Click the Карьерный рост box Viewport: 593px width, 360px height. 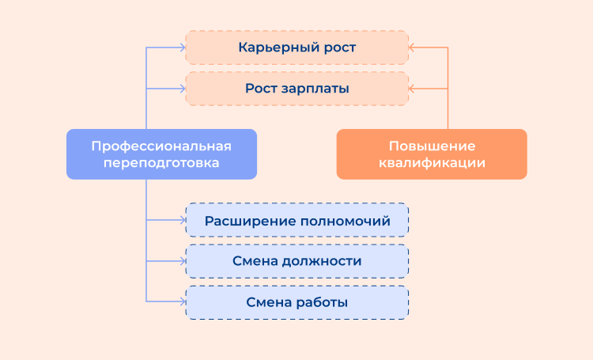pyautogui.click(x=296, y=47)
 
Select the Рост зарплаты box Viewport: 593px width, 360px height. pyautogui.click(x=296, y=89)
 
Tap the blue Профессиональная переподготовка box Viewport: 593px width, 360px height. pyautogui.click(x=161, y=154)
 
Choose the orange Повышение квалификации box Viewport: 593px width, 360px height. pyautogui.click(x=432, y=154)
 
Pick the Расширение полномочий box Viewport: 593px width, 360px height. pyautogui.click(x=296, y=220)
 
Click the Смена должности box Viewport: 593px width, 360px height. pyautogui.click(x=296, y=261)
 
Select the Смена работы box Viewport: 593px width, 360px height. pyautogui.click(x=296, y=302)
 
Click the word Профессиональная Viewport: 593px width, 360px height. pyautogui.click(x=161, y=146)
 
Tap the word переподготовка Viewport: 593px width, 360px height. pyautogui.click(x=161, y=163)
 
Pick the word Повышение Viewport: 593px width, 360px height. pyautogui.click(x=432, y=146)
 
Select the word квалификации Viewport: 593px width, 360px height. pyautogui.click(x=432, y=163)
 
